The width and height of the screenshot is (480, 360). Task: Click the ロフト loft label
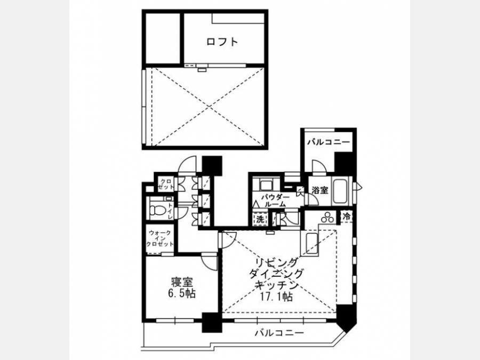pos(222,42)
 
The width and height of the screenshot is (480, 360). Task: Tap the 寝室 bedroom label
pos(181,282)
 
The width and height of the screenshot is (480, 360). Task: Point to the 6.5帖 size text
pos(181,293)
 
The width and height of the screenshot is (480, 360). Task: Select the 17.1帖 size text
pos(276,297)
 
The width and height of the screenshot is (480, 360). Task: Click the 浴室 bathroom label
pos(319,190)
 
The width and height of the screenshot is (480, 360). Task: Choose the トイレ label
pos(170,211)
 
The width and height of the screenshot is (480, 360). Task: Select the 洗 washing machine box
pos(260,219)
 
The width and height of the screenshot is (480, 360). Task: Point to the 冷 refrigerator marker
pos(347,217)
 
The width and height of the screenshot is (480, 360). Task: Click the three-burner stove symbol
pos(327,218)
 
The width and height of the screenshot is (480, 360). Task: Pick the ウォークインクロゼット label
pos(160,238)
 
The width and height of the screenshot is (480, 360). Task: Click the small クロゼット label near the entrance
pos(166,183)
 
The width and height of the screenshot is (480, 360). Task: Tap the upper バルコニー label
pos(329,142)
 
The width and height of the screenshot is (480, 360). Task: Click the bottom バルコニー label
pos(279,333)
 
